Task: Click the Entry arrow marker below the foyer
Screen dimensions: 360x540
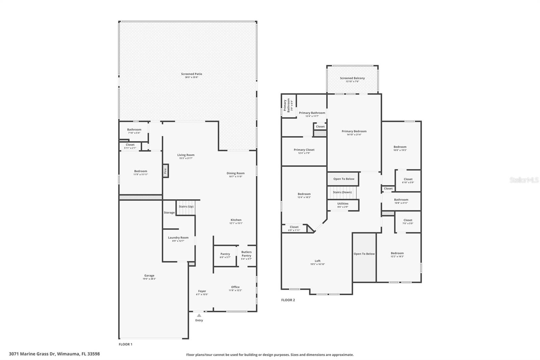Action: (x=199, y=315)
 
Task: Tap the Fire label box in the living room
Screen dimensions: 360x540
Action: (x=165, y=171)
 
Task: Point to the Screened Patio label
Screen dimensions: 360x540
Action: (x=191, y=74)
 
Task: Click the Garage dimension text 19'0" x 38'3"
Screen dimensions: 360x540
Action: (x=149, y=279)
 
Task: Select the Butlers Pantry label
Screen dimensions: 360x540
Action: (x=246, y=254)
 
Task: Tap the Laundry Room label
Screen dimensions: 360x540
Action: (x=178, y=238)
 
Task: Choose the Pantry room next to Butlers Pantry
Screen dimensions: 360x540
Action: (x=225, y=256)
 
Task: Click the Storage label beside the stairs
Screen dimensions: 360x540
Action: (x=169, y=212)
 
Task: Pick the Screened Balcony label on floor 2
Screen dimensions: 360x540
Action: (x=352, y=78)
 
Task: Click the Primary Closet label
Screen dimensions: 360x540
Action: (x=304, y=150)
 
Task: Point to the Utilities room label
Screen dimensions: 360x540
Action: (x=343, y=204)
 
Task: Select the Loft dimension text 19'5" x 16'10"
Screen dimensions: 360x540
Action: (x=318, y=264)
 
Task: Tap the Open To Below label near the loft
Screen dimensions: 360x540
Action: (x=364, y=254)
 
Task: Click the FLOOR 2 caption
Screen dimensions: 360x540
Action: (x=288, y=300)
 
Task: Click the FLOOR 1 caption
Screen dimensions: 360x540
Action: (x=126, y=344)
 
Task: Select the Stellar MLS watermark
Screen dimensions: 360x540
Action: (x=524, y=180)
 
